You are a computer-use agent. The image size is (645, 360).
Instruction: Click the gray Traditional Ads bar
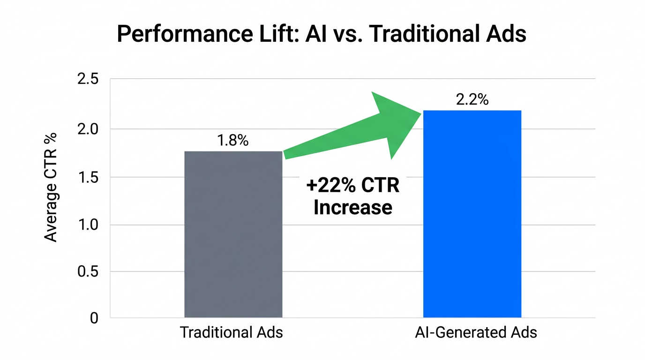pos(233,234)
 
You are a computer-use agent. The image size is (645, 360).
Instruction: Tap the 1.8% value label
pos(233,141)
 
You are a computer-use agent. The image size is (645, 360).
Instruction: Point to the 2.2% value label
pos(472,99)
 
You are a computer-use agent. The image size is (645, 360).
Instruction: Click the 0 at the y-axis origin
pos(94,318)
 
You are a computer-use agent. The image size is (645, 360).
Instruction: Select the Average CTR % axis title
pos(51,187)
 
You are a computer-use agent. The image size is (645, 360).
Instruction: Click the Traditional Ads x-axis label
pos(232,332)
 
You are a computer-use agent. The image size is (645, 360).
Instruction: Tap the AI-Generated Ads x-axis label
pos(476,332)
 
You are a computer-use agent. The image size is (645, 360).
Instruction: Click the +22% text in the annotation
pos(331,186)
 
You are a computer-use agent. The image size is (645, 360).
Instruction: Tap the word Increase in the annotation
pos(352,207)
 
